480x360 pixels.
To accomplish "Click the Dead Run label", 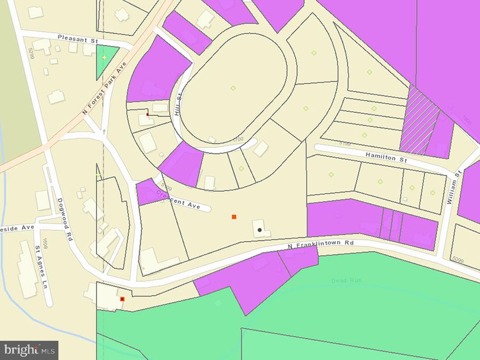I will (346, 280).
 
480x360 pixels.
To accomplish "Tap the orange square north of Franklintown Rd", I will (234, 217).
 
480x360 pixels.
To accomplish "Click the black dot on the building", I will (260, 230).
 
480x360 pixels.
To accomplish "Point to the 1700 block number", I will (238, 139).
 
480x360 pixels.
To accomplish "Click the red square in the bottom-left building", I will (122, 299).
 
